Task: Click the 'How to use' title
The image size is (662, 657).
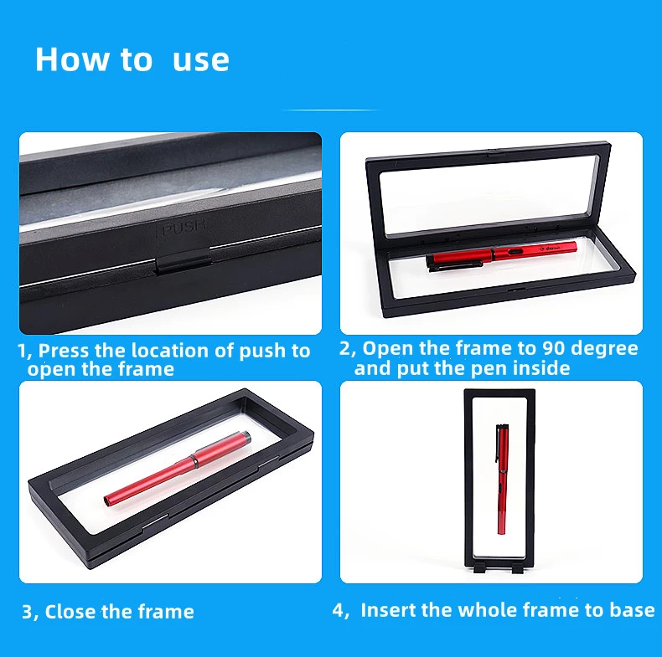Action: [x=132, y=59]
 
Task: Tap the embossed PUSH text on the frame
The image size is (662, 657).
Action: [x=182, y=228]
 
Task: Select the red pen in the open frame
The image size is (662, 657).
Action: [x=502, y=255]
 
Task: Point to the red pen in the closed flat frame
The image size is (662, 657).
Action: [x=178, y=468]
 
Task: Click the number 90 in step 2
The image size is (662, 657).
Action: [x=553, y=348]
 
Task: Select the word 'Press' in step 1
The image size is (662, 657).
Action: [x=64, y=351]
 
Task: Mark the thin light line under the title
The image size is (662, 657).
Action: [x=331, y=110]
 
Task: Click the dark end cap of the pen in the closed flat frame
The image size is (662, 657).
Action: [x=246, y=437]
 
